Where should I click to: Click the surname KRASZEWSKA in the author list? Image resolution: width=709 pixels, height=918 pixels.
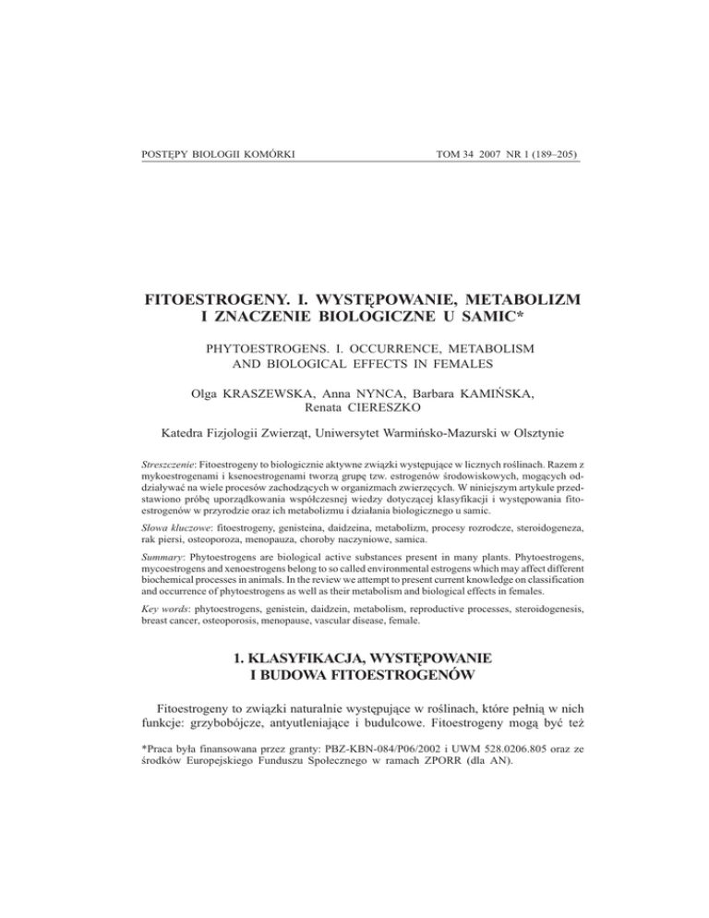(x=258, y=394)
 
